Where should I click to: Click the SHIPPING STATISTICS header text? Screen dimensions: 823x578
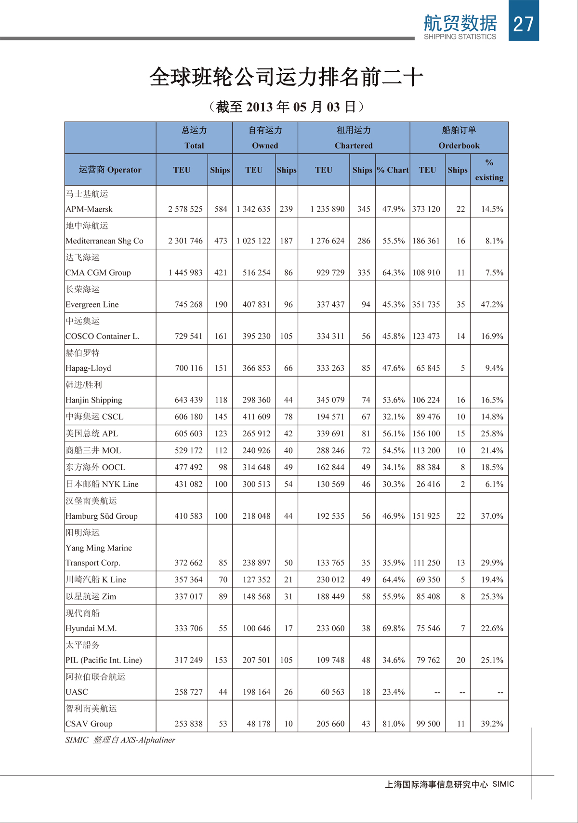coord(460,37)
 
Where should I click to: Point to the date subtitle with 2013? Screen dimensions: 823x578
coord(286,107)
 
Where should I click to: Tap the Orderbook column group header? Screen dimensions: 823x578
coord(459,145)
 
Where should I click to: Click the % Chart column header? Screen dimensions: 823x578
coord(393,170)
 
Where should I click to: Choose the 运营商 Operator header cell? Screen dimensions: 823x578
coord(110,170)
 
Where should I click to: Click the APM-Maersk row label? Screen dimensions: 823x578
coord(89,209)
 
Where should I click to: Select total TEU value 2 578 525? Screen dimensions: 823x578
coord(185,209)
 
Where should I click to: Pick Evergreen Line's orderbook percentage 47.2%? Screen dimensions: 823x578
coord(492,304)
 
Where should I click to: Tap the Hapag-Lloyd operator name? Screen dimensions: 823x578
coord(88,368)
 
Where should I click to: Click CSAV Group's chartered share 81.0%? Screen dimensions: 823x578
coord(393,724)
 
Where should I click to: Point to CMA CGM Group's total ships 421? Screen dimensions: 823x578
coord(221,272)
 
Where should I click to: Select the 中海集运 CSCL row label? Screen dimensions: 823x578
coord(94,417)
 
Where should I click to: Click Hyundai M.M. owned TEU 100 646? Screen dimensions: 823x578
coord(256,628)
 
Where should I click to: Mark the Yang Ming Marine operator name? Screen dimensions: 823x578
coord(99,548)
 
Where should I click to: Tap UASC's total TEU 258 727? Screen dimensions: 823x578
coord(188,692)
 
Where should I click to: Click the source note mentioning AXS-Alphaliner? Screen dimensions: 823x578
coord(120,740)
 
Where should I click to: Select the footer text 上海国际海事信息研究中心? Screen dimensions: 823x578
coord(436,784)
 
